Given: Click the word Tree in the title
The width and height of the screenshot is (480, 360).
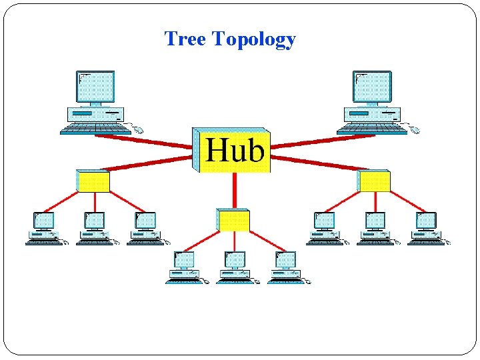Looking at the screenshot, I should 185,39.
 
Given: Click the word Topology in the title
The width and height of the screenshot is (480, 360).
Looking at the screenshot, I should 253,40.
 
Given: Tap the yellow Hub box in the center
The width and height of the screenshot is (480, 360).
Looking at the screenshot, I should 232,150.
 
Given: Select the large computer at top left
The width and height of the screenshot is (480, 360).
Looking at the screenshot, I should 97,103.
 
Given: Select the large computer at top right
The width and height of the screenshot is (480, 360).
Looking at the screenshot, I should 374,103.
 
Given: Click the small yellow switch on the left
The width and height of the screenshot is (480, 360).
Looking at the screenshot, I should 93,181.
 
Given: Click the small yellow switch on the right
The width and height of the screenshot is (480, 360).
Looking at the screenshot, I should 373,181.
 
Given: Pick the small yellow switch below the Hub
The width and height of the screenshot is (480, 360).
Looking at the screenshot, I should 233,220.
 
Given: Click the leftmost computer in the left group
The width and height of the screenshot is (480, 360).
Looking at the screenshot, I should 44,229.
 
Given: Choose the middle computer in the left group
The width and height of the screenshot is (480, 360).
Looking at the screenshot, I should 95,229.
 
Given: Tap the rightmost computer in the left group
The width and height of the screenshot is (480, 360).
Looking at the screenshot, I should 145,229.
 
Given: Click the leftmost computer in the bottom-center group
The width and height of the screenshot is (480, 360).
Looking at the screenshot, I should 184,267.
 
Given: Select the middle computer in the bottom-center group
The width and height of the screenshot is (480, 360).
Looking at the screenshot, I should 235,267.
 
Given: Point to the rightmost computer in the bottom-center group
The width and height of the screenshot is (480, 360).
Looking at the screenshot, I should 286,267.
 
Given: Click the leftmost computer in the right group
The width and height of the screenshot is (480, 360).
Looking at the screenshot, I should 325,229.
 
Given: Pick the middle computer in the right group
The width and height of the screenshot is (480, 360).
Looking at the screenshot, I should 375,229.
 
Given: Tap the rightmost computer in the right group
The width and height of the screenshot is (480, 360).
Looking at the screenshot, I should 426,229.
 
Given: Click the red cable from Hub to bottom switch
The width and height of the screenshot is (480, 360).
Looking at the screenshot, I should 234,190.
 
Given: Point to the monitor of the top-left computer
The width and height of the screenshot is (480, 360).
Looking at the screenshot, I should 96,87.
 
